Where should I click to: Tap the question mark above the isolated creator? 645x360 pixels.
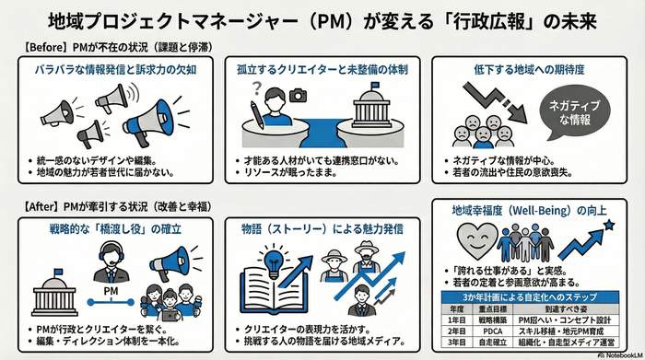point(257,90)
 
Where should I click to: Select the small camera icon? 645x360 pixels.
point(297,94)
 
